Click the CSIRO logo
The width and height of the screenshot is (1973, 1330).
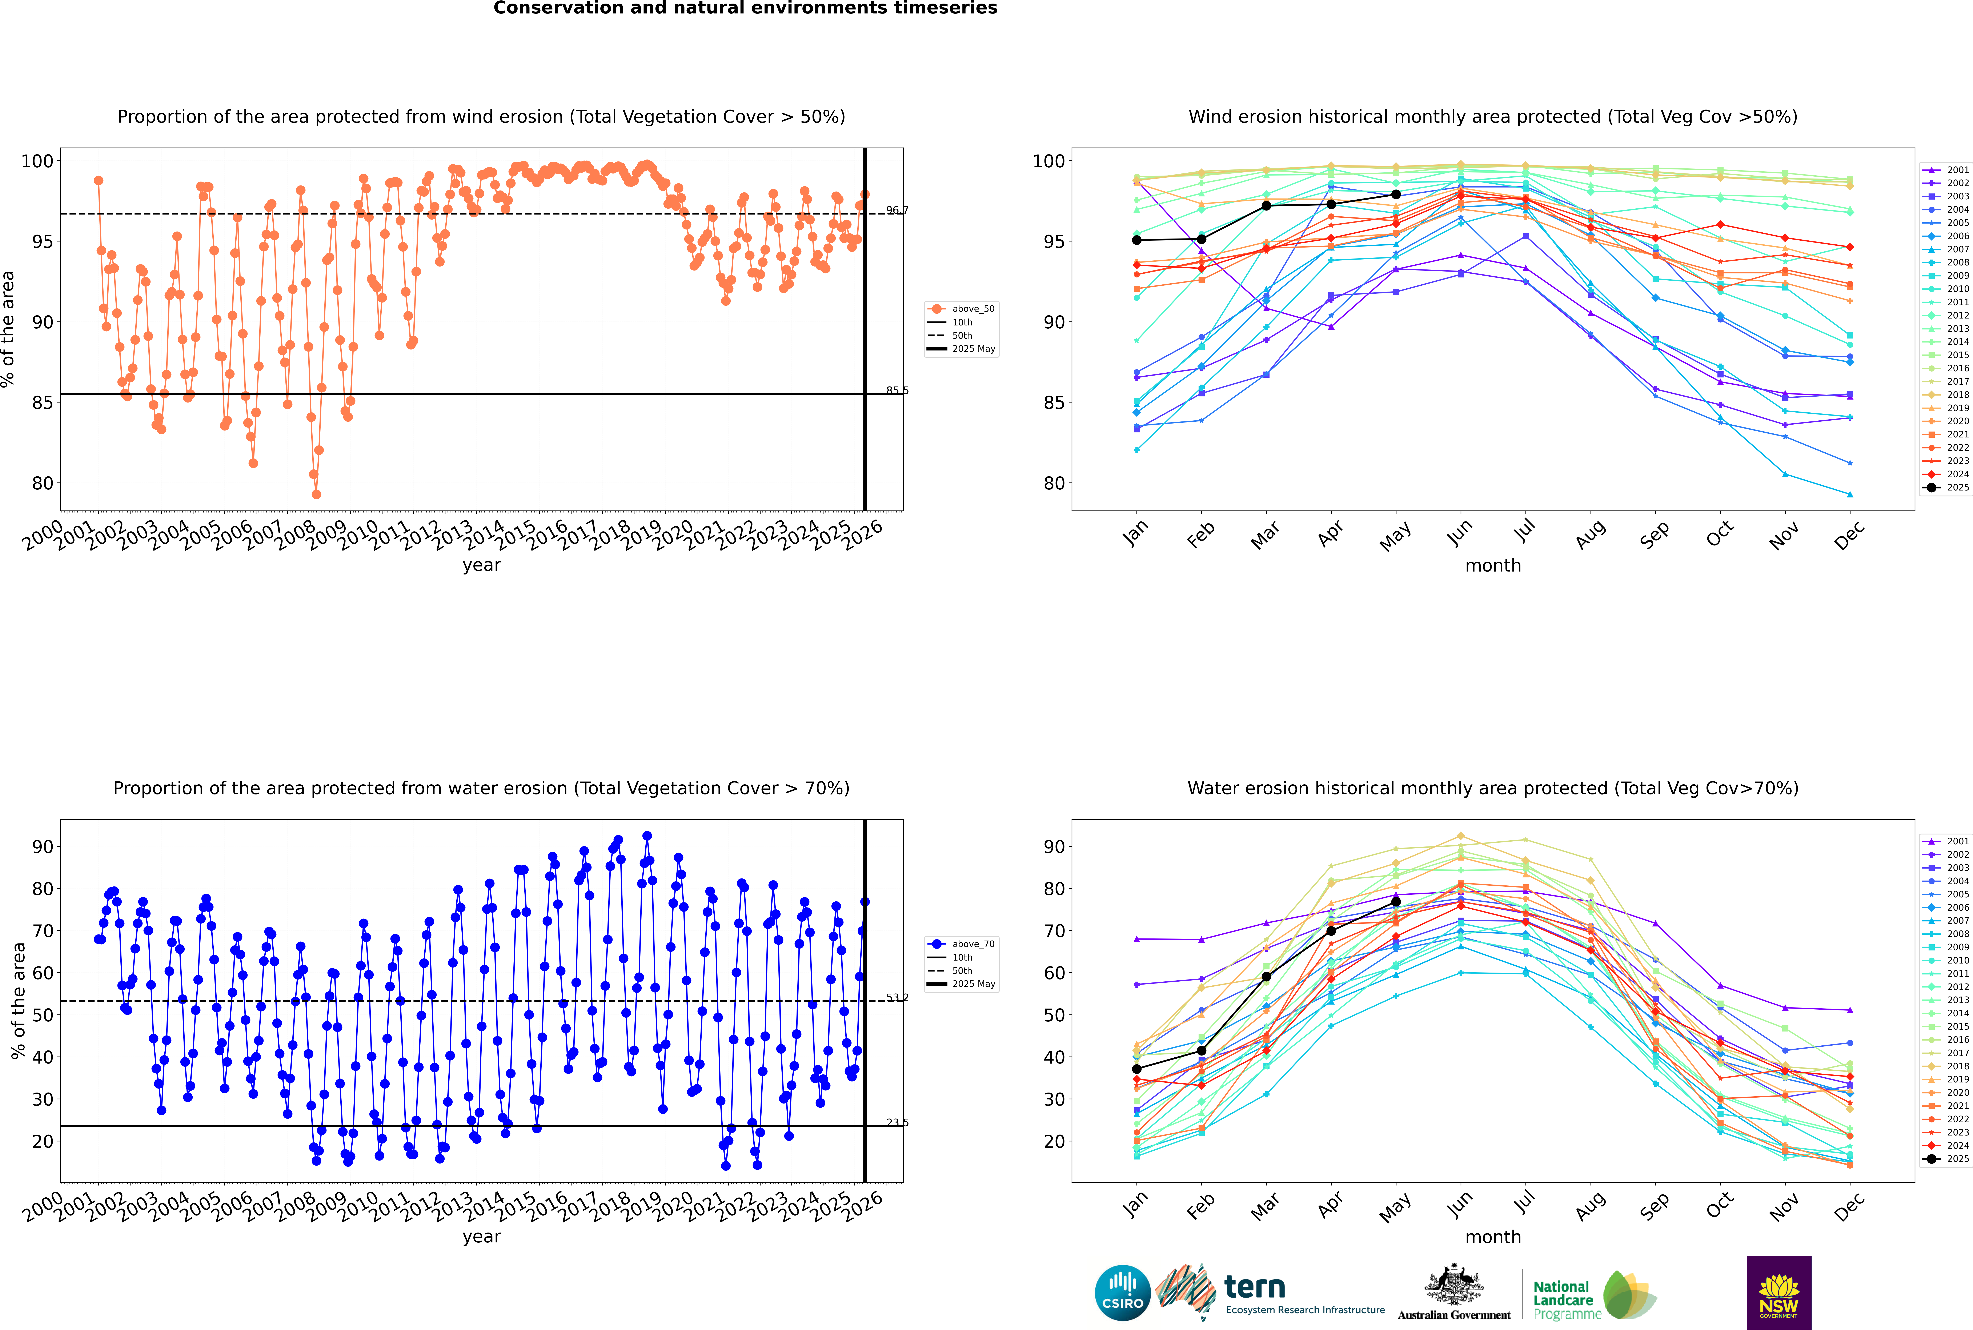1122,1293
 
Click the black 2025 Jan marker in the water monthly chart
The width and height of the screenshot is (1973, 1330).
1137,1070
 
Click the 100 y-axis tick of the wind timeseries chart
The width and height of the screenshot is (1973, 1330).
37,161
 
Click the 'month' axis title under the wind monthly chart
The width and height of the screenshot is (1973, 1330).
1493,566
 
